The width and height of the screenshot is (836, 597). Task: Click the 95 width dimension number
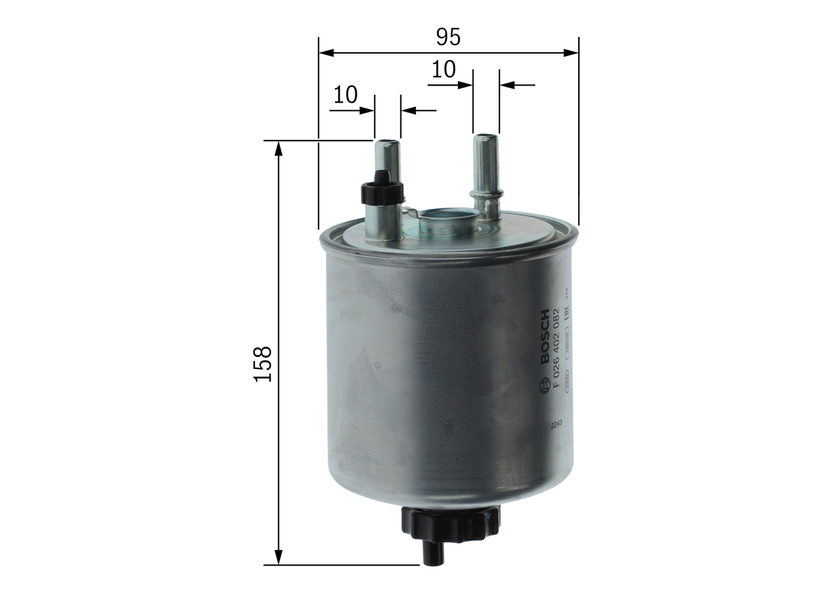(x=448, y=37)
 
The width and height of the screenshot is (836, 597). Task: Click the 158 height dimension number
(x=263, y=364)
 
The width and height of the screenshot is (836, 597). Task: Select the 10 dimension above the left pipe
(x=346, y=95)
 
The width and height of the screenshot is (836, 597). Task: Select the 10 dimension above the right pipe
(x=443, y=70)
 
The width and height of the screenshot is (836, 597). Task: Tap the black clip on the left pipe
(x=382, y=189)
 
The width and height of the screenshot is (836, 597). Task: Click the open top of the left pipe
(x=387, y=142)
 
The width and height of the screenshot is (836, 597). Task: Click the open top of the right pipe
(x=486, y=137)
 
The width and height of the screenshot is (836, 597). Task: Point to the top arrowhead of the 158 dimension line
(x=279, y=148)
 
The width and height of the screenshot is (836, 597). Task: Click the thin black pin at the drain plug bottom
(x=433, y=555)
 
